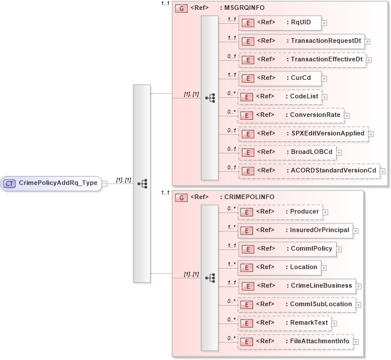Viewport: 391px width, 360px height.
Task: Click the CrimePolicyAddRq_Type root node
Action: (52, 183)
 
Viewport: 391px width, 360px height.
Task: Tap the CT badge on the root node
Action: (10, 183)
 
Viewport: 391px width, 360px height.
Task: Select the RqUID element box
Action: (280, 23)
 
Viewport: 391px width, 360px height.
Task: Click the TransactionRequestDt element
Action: (301, 41)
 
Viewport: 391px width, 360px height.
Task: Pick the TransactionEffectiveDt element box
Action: (302, 60)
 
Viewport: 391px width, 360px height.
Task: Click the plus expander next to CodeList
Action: (326, 97)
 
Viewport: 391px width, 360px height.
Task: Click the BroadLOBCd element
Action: (287, 152)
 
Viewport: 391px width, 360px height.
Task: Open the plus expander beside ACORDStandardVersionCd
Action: (382, 171)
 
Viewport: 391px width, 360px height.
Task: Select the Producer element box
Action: (280, 212)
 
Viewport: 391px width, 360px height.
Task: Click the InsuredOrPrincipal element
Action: (295, 230)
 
